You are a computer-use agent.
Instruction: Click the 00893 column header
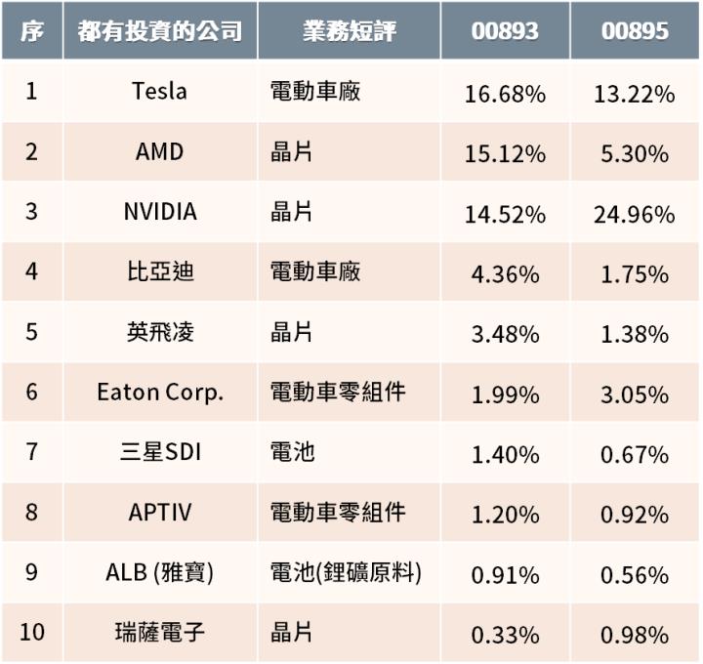[x=505, y=31]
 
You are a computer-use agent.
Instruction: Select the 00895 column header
[x=635, y=31]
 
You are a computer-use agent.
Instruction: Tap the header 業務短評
[x=349, y=31]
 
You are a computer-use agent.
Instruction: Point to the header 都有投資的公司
[x=160, y=31]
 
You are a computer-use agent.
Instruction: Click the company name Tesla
[x=160, y=92]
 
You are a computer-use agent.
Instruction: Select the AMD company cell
[x=160, y=152]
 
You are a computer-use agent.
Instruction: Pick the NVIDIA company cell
[x=160, y=212]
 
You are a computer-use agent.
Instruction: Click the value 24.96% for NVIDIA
[x=635, y=215]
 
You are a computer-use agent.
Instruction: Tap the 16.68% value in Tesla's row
[x=505, y=95]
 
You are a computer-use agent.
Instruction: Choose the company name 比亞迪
[x=160, y=271]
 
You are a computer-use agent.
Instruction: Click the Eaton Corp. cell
[x=160, y=392]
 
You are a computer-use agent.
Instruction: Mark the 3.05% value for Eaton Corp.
[x=635, y=394]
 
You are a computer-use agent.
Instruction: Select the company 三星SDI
[x=160, y=452]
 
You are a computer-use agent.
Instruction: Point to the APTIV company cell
[x=160, y=512]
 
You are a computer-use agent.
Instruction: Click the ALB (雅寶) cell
[x=160, y=572]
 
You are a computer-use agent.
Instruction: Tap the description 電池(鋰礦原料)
[x=346, y=572]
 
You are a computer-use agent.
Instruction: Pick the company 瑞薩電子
[x=160, y=632]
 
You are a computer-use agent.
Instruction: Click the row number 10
[x=32, y=632]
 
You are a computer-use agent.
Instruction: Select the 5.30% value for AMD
[x=635, y=154]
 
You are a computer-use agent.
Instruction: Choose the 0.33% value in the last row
[x=505, y=635]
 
